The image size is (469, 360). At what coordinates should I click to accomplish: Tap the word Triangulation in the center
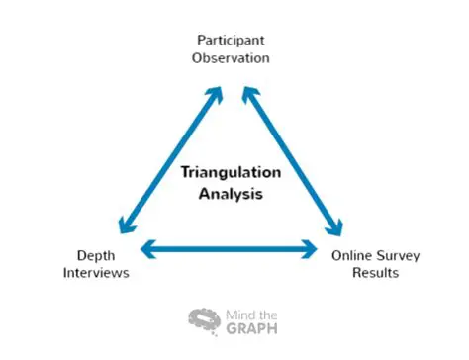tap(230, 171)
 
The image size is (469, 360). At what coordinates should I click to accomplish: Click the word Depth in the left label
tap(95, 255)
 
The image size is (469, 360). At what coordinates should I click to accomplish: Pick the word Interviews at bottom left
tap(95, 272)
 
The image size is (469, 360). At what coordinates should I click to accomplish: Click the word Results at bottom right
tap(375, 272)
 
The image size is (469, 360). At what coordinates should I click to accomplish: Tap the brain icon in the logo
tap(204, 320)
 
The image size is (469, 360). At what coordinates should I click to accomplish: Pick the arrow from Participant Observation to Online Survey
tap(292, 158)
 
